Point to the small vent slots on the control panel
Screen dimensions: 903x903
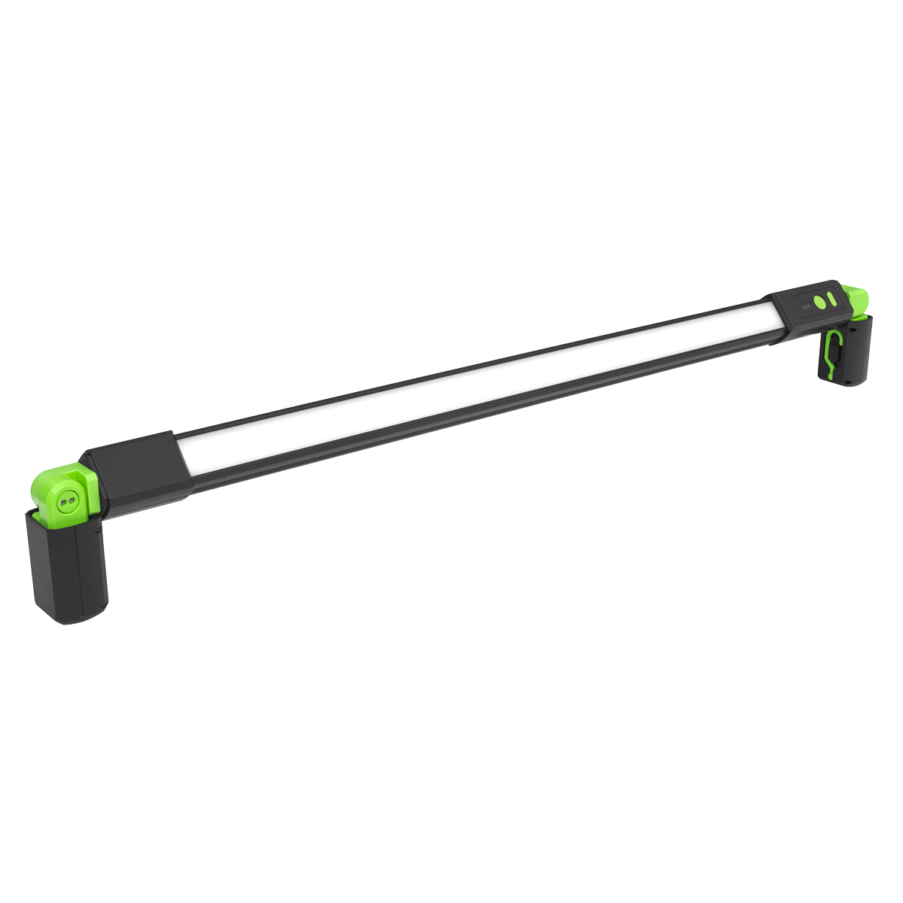[x=807, y=305]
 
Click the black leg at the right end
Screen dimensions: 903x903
[x=854, y=354]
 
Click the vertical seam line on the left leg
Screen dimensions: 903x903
[x=78, y=572]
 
